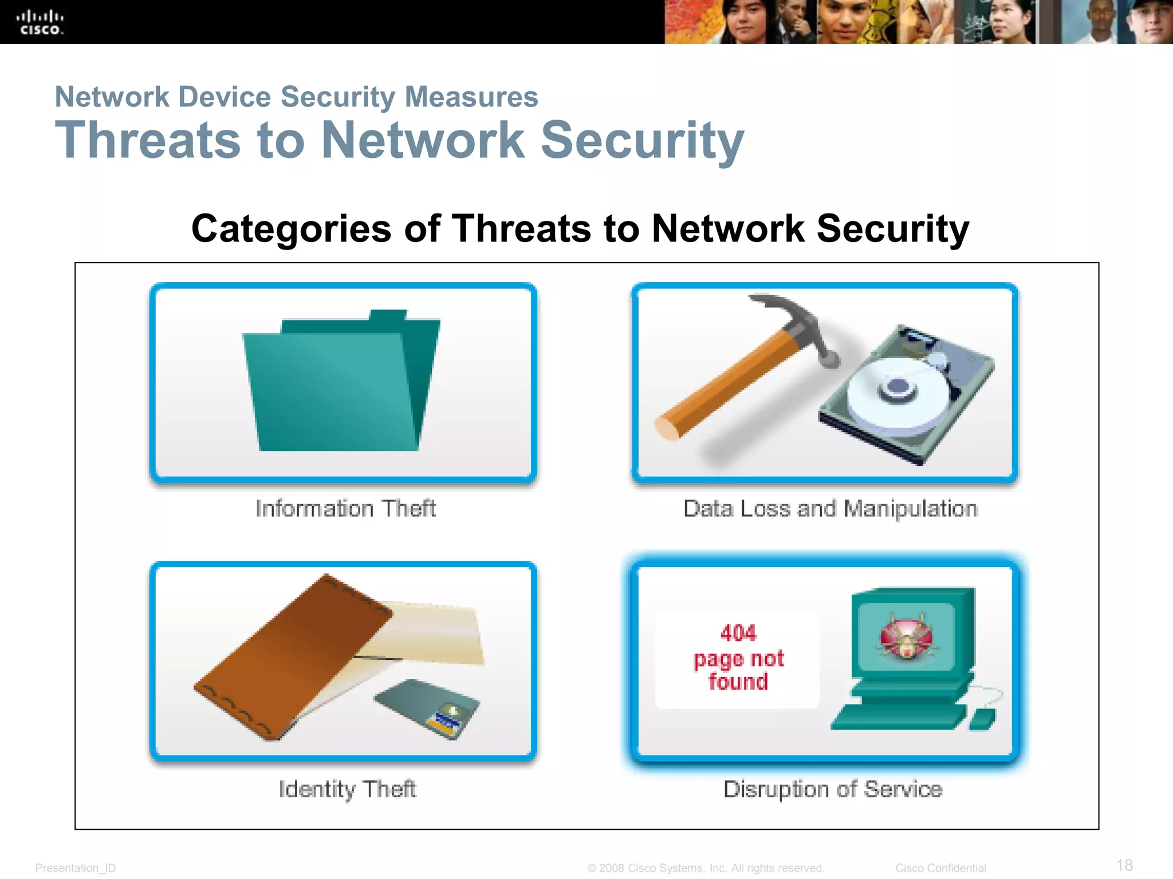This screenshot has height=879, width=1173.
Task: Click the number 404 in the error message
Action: tap(738, 633)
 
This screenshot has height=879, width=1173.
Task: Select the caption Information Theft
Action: tap(345, 508)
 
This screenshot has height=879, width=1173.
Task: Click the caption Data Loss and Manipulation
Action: tap(830, 508)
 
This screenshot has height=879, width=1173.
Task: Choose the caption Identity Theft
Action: tap(347, 789)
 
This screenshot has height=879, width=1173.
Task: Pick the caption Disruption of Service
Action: tap(833, 789)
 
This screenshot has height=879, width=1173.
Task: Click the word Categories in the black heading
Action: tap(291, 229)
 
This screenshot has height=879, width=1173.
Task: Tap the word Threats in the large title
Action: tap(148, 140)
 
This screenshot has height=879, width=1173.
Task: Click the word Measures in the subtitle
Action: tap(471, 97)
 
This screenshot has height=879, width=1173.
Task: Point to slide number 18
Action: tap(1124, 865)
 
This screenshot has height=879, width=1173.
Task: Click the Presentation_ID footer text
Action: tap(76, 868)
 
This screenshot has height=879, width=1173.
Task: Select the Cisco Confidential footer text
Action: tap(940, 868)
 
